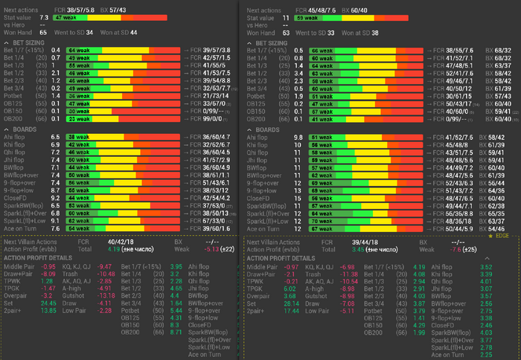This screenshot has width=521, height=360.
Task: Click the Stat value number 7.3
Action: click(44, 16)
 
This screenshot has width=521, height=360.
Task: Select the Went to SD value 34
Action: click(89, 33)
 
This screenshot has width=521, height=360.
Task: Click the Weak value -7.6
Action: click(449, 250)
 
